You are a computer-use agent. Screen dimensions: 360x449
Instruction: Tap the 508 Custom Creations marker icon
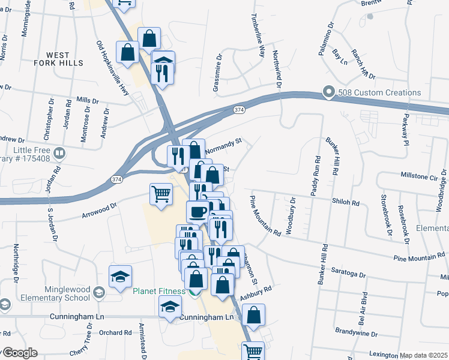click(x=328, y=92)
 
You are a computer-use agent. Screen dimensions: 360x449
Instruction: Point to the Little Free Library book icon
click(x=59, y=153)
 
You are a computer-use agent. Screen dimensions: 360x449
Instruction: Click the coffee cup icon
click(x=198, y=211)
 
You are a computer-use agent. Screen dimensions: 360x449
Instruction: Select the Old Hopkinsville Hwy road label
click(x=113, y=68)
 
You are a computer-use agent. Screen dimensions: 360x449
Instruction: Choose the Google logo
click(x=19, y=353)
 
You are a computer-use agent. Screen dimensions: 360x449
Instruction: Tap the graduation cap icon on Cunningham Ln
click(x=170, y=306)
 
